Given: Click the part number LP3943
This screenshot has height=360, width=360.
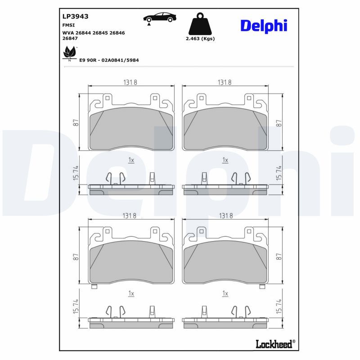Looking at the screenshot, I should pos(75,16).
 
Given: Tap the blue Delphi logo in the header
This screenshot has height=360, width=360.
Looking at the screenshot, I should pos(263,26).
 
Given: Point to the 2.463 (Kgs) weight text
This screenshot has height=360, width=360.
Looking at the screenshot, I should pos(200,39).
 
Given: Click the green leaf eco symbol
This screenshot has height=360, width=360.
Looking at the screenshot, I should pos(69,54).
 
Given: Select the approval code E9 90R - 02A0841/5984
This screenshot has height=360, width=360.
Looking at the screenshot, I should pos(108,60).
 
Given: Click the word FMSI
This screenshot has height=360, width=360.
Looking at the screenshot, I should pos(69,26).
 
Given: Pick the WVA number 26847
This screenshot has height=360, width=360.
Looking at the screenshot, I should pos(70,39).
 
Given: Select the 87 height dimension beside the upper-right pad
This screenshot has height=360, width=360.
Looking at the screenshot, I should pos(279,122).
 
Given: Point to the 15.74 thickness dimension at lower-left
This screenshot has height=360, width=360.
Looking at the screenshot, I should pos(76,307).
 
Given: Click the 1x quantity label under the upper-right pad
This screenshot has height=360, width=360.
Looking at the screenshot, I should pos(225,160).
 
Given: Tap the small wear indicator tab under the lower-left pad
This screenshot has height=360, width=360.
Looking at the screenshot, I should pos(94,287).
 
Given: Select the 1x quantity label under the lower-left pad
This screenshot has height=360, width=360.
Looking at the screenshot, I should pos(131,293).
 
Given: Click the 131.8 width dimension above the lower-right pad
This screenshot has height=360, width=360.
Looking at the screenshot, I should pos(225,216).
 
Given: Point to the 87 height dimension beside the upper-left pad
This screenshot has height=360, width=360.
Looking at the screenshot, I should pos(76,122).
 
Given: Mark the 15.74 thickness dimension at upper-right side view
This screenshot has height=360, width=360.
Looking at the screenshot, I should pos(279,174).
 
